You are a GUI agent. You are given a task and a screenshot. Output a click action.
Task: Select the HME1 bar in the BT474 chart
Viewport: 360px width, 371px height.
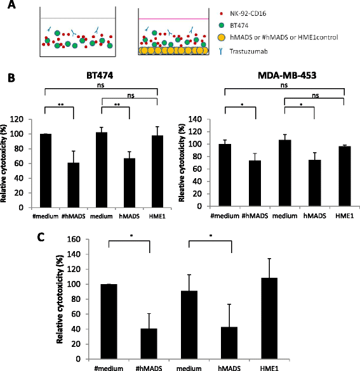coord(157,171)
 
